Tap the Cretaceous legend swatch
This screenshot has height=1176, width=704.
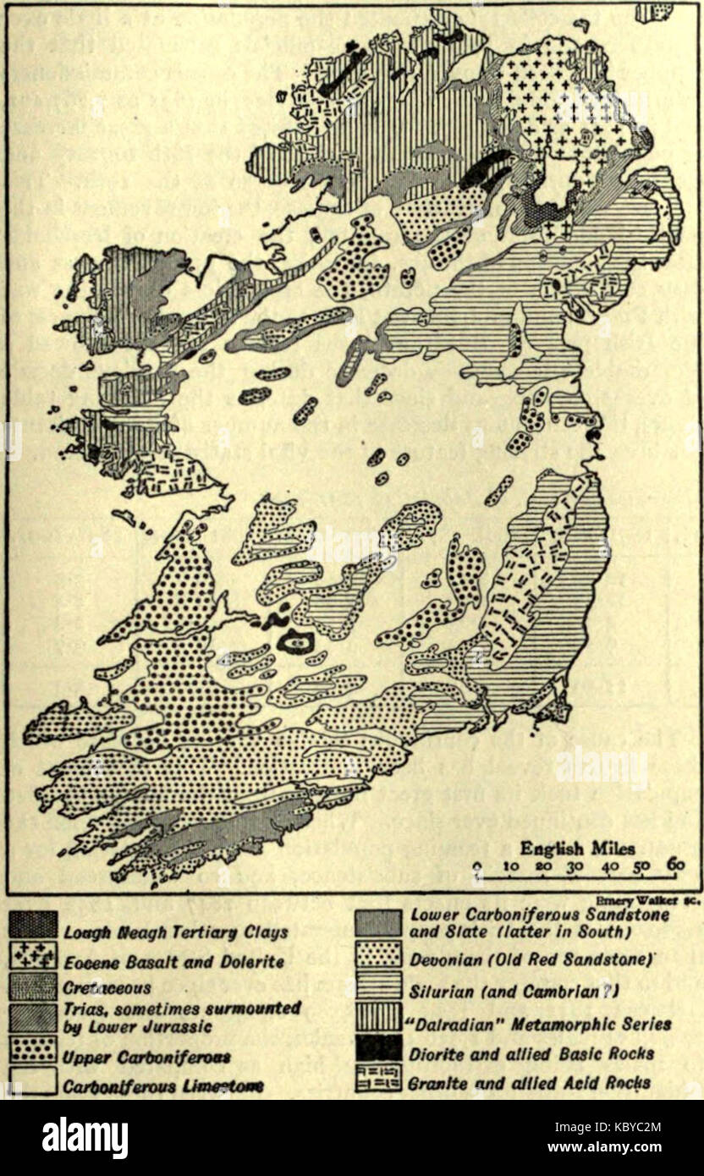pyautogui.click(x=34, y=986)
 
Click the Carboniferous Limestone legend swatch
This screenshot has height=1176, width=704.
pyautogui.click(x=34, y=1082)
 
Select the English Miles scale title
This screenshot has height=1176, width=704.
pyautogui.click(x=577, y=848)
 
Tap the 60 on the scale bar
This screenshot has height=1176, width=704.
pyautogui.click(x=674, y=866)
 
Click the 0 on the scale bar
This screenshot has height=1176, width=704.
pyautogui.click(x=477, y=866)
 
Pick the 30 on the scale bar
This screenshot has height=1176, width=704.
pyautogui.click(x=576, y=866)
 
